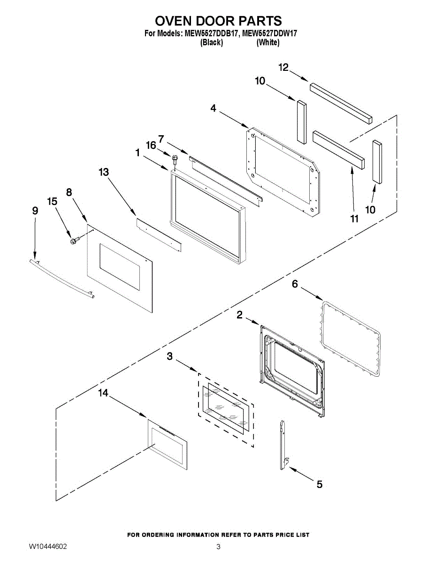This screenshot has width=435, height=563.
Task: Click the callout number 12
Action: [283, 68]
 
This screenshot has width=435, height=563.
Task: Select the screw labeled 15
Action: [74, 241]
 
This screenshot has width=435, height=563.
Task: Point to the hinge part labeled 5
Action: [283, 444]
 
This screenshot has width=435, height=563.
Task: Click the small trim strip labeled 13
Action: [159, 233]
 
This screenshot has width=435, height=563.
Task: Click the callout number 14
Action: [103, 393]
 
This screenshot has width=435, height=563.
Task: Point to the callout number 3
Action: [170, 357]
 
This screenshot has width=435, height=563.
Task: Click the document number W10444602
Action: [47, 547]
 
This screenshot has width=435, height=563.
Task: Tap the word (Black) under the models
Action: [211, 43]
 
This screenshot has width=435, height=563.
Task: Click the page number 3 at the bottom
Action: [218, 547]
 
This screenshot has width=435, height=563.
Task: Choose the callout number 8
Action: [69, 192]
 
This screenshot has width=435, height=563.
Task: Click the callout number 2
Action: [239, 315]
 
